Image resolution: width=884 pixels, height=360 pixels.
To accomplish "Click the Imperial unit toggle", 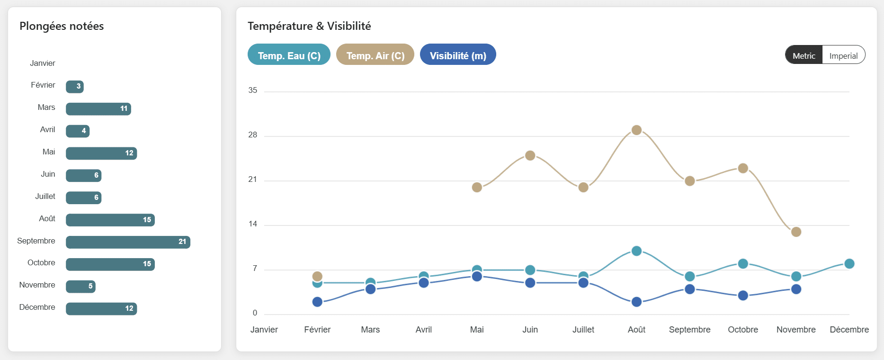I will tap(843, 55).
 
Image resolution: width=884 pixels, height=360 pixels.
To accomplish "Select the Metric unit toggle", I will tap(804, 55).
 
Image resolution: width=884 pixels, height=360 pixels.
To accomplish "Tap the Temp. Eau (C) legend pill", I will tap(289, 55).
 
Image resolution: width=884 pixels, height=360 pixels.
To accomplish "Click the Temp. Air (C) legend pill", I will tap(375, 55).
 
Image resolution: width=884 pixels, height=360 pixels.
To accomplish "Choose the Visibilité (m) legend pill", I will tap(458, 55).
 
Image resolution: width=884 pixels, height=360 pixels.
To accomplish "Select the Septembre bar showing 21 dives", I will tap(128, 242).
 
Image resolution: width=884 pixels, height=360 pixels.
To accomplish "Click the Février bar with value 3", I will tap(75, 87).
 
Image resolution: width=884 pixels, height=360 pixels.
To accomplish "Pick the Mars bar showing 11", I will tap(98, 109).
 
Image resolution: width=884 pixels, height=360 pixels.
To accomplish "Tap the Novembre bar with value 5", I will tap(80, 287).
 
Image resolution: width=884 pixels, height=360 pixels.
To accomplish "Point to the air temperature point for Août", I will tap(636, 130).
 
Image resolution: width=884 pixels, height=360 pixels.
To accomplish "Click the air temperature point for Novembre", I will tap(796, 232).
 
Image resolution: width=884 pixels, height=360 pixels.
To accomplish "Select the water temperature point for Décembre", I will tap(849, 264).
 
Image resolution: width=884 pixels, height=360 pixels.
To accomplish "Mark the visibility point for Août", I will tap(636, 302).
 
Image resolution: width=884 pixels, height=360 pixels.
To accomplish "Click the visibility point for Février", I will tap(317, 302).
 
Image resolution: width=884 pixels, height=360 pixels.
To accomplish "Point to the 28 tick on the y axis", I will tap(253, 135).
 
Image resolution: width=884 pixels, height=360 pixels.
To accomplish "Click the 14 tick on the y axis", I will tap(253, 224).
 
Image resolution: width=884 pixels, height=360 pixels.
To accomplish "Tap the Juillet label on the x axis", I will tap(583, 330).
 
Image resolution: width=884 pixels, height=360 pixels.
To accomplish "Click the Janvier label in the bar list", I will tap(43, 63).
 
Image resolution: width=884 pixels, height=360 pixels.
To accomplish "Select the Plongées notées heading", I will tap(62, 26).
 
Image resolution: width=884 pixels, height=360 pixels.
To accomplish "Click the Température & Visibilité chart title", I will tap(309, 26).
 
